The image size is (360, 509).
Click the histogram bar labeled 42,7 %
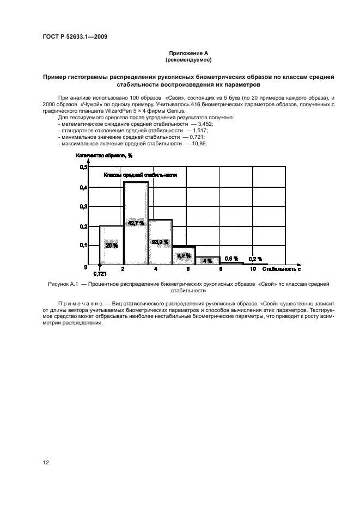136,240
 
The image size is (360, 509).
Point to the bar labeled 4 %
208,261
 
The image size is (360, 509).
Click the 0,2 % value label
255,259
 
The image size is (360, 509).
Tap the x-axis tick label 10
253,269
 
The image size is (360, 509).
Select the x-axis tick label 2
123,269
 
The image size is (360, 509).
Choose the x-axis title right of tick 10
282,269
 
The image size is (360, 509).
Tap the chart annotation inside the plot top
141,175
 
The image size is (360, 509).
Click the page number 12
46,463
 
